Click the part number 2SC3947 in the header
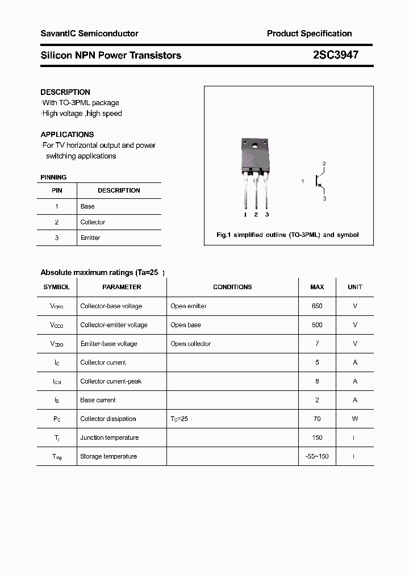pyautogui.click(x=335, y=55)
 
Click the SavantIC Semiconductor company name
pyautogui.click(x=89, y=34)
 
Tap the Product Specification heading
pyautogui.click(x=309, y=34)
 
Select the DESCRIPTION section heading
pyautogui.click(x=65, y=92)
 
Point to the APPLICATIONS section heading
pyautogui.click(x=67, y=135)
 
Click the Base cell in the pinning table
pyautogui.click(x=87, y=206)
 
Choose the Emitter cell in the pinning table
pyautogui.click(x=90, y=238)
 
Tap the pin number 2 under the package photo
pyautogui.click(x=256, y=214)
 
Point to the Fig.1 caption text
pyautogui.click(x=287, y=235)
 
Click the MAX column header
pyautogui.click(x=317, y=287)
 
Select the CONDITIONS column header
pyautogui.click(x=232, y=287)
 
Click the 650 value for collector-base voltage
pyautogui.click(x=317, y=306)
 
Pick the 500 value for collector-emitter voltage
pyautogui.click(x=317, y=325)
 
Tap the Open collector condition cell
pyautogui.click(x=190, y=344)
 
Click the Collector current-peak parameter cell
pyautogui.click(x=111, y=381)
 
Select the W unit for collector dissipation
pyautogui.click(x=355, y=419)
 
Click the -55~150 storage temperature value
pyautogui.click(x=317, y=456)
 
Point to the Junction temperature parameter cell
pyautogui.click(x=109, y=438)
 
